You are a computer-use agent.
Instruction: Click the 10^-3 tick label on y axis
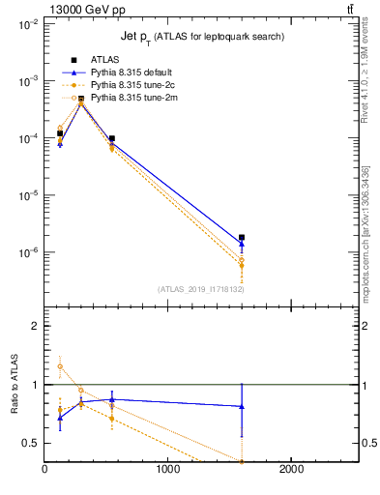26,82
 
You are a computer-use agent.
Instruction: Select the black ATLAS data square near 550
112,139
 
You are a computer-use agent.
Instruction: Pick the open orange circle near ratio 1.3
60,366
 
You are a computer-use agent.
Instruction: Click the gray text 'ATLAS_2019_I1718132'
200,289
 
